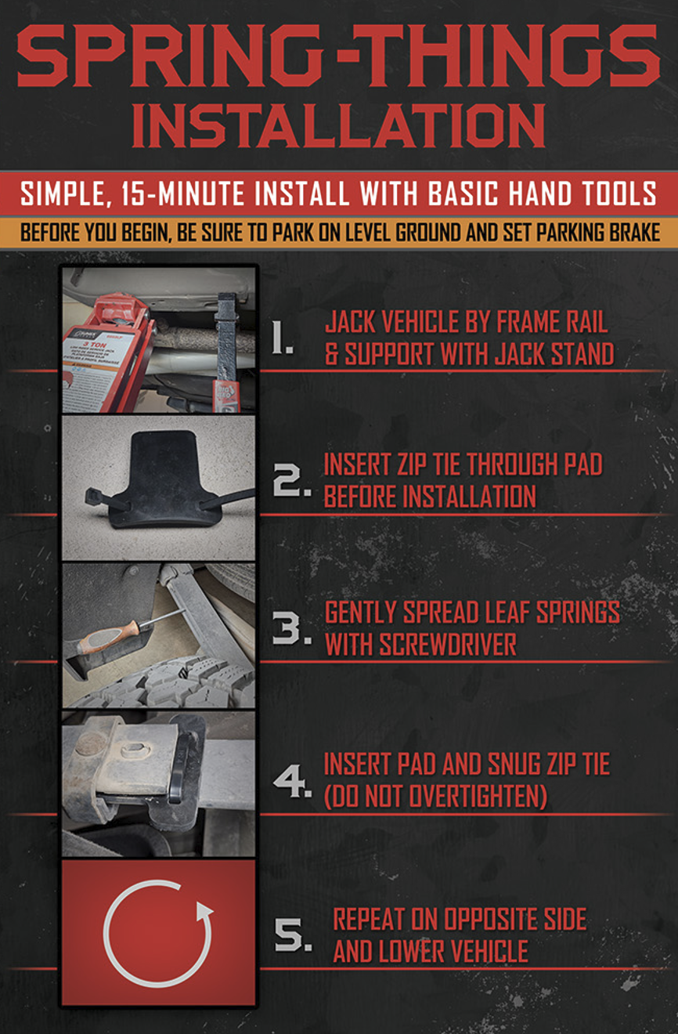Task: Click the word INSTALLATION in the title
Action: tap(338, 125)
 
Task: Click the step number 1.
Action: tap(283, 342)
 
